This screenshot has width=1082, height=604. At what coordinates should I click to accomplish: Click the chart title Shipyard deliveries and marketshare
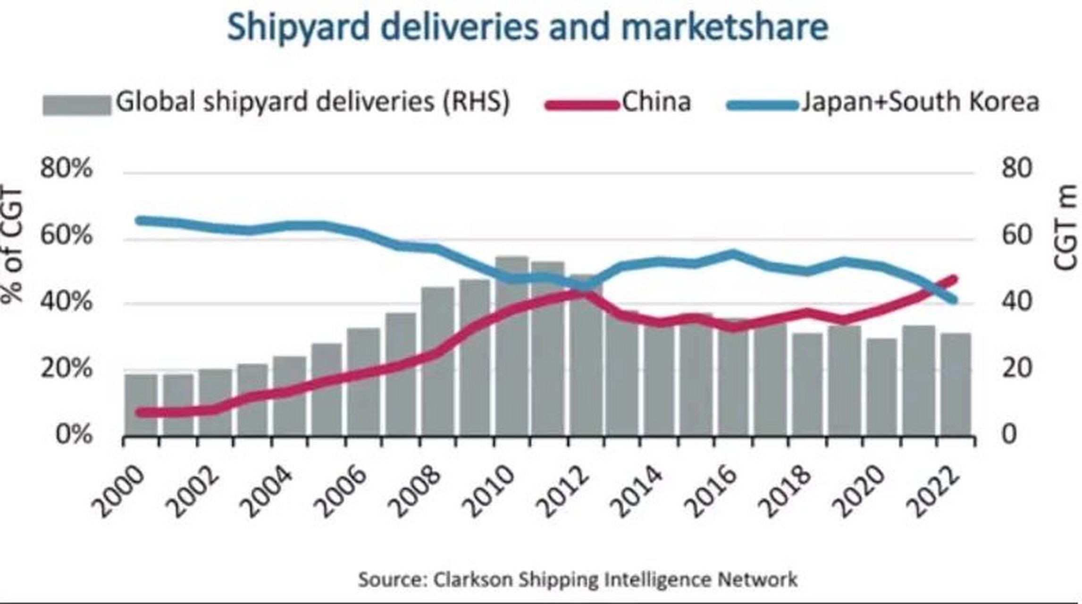[x=528, y=27]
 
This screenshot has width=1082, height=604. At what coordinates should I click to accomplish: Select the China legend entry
[x=656, y=102]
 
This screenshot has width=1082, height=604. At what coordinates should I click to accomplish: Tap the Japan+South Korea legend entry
[x=920, y=102]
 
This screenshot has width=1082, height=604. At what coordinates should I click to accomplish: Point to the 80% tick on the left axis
[x=66, y=168]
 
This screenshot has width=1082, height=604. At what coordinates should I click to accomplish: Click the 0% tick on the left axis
[x=73, y=434]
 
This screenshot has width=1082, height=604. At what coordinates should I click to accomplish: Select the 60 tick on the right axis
[x=1017, y=235]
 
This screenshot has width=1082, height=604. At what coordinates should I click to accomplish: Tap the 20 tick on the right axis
[x=1017, y=368]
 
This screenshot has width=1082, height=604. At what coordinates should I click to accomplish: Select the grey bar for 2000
[x=141, y=406]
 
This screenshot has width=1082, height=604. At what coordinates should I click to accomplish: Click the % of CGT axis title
[x=12, y=245]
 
